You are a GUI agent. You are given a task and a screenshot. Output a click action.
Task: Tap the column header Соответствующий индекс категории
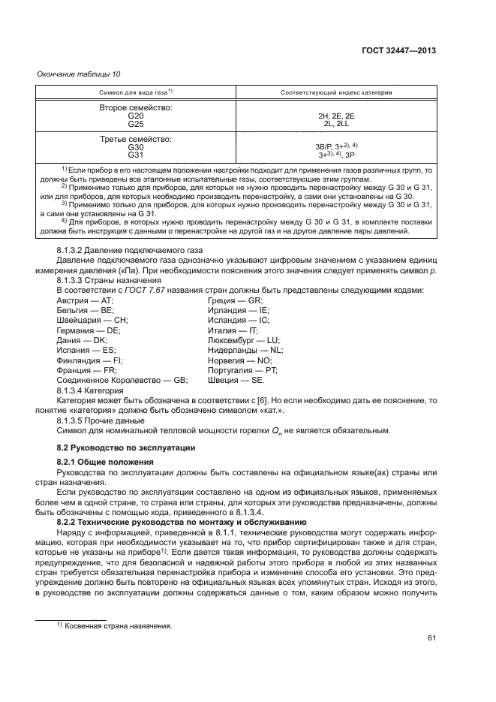[335, 92]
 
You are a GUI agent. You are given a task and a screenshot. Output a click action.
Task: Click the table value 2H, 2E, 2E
[335, 116]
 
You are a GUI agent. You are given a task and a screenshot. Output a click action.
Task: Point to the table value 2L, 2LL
[335, 124]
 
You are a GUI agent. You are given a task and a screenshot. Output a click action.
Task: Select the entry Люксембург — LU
[242, 340]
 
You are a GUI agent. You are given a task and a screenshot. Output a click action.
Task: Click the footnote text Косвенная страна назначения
[113, 625]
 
